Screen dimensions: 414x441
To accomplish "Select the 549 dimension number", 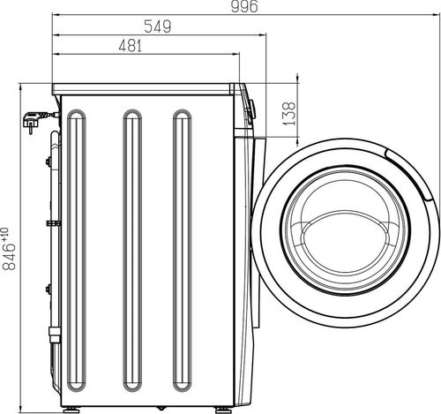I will click(156, 27).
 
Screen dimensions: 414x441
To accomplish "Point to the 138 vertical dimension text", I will click(288, 114).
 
